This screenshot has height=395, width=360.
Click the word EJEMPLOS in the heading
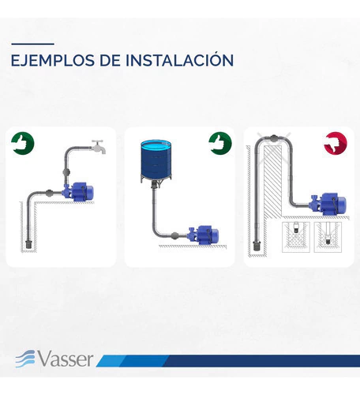(52, 60)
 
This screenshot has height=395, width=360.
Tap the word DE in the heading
(110, 60)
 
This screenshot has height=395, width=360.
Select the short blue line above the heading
(33, 44)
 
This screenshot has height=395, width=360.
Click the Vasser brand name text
(66, 359)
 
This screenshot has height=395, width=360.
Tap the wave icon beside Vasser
(25, 359)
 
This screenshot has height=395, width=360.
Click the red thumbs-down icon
(336, 143)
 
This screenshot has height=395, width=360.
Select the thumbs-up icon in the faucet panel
(23, 143)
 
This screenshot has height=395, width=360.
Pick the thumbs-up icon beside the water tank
(220, 143)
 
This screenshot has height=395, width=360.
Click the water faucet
(99, 146)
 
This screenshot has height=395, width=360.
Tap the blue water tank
(156, 161)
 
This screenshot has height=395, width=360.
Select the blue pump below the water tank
(203, 235)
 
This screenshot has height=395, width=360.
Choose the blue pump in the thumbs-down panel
(329, 204)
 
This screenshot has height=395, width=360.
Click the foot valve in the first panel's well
(28, 243)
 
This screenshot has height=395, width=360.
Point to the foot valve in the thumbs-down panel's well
(256, 246)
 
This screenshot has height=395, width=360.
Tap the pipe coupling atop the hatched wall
(274, 138)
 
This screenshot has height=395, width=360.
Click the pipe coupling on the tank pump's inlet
(174, 235)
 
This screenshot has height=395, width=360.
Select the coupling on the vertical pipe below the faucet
(66, 172)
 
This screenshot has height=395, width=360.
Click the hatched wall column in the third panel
(272, 182)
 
